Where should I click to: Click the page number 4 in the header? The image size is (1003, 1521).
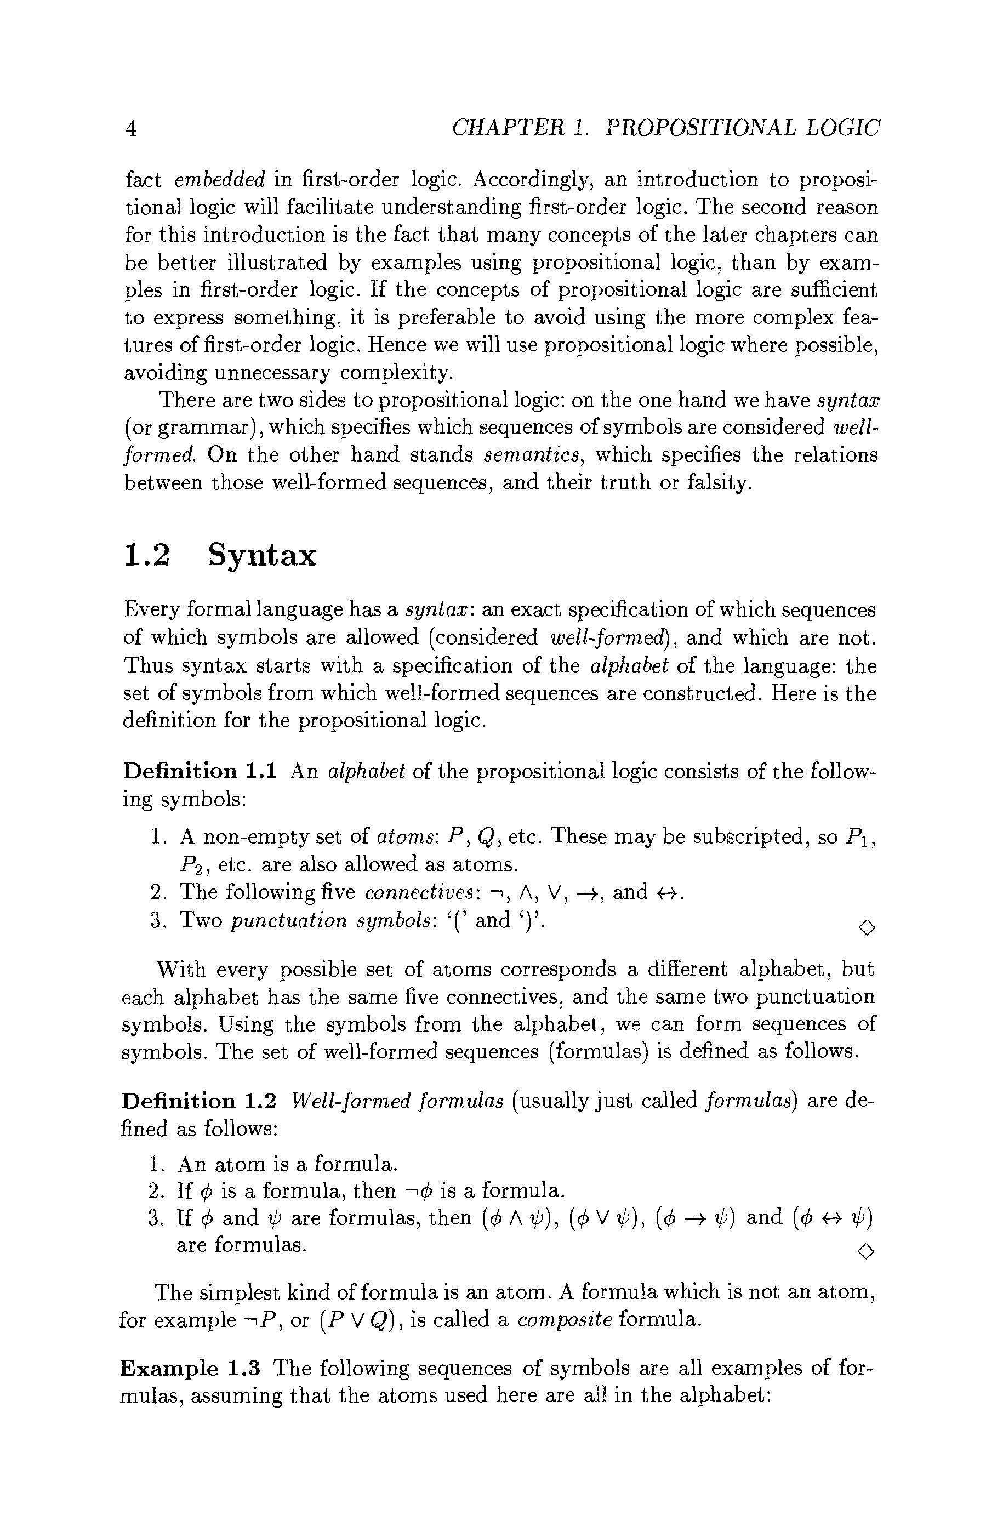(130, 129)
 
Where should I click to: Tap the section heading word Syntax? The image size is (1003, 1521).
(263, 555)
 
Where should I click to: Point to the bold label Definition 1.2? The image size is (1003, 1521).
(199, 1101)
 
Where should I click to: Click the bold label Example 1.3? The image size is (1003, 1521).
(190, 1368)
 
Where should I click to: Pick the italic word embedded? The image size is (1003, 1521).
(219, 180)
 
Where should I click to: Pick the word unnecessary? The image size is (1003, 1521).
(273, 372)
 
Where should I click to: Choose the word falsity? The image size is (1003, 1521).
(717, 482)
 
